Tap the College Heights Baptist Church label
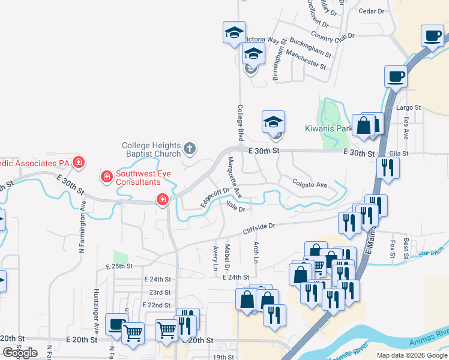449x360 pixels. (151, 149)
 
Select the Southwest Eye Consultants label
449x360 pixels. (138, 178)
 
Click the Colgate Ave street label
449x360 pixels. (309, 184)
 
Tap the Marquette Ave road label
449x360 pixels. (234, 177)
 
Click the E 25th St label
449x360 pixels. (118, 266)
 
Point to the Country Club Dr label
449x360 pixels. (333, 37)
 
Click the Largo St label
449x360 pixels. (409, 108)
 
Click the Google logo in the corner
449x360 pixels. (20, 353)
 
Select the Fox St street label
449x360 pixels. (393, 247)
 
